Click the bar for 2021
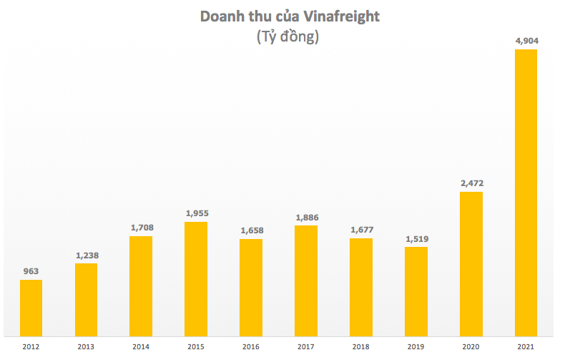coord(526,193)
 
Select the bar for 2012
coord(31,308)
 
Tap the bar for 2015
coord(196,278)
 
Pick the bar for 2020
coord(471,263)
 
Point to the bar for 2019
coord(416,291)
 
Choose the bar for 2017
coord(306,281)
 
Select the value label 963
coord(31,271)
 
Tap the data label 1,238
coord(86,256)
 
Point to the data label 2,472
coord(471,183)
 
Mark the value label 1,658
coord(251,230)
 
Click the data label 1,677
coord(361,230)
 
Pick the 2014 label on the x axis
coord(141,347)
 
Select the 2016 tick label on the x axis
coord(251,347)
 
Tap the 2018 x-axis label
coord(361,347)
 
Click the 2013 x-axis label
coord(86,347)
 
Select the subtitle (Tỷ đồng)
coord(287,38)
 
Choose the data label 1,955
coord(196,213)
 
